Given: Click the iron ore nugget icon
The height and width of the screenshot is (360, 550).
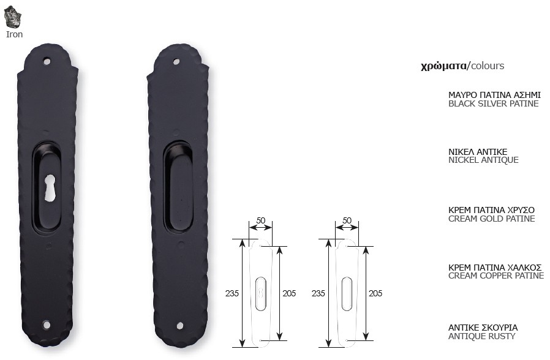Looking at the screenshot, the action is pos(12,17).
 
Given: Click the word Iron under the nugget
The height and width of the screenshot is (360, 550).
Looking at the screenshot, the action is pos(14,34).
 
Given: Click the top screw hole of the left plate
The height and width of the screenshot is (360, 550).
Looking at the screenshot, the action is pos(47,61).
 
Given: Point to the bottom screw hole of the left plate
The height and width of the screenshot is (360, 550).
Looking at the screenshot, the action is pos(47,324).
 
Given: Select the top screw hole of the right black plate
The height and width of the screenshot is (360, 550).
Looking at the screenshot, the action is pos(176,62).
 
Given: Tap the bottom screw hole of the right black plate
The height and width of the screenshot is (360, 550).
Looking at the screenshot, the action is pos(180,326).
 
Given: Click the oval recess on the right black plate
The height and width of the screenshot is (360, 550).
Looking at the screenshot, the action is pos(179,187).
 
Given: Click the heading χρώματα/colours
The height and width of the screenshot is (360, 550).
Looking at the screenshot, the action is pos(462,66).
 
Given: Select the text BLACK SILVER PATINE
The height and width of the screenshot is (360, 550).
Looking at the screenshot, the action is pos(493,103).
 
